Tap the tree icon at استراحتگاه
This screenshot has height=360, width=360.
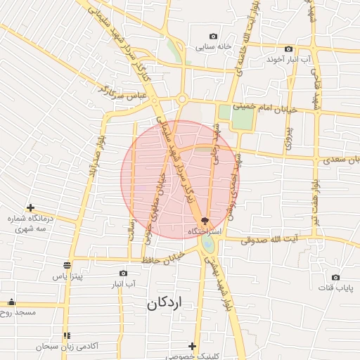point(205,221)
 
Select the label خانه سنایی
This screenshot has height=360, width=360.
point(214,47)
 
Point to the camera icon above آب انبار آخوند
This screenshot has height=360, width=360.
point(288,49)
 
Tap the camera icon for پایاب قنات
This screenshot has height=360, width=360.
point(335,278)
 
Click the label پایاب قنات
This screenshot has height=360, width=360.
point(335,288)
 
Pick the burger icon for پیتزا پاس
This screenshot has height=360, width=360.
point(67,265)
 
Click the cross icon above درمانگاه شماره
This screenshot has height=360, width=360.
point(30,207)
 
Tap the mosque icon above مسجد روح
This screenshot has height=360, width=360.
point(11,302)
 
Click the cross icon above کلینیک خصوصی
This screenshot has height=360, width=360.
point(193,346)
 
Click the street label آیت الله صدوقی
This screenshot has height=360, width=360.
point(271,240)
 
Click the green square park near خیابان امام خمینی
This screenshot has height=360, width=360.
point(243,117)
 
